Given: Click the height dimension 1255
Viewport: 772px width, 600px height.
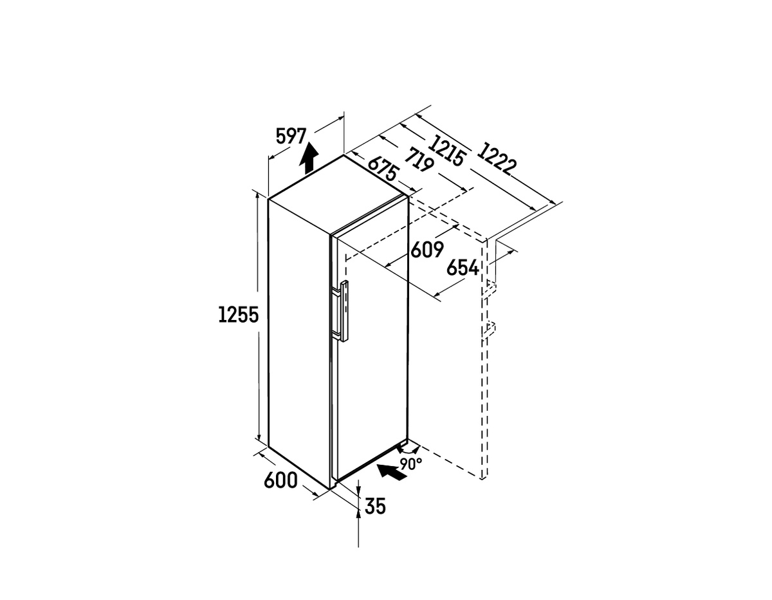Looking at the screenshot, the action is click(x=239, y=315).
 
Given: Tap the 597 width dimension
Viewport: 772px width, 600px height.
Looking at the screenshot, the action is click(x=291, y=136).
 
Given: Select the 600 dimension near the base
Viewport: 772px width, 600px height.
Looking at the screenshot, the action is click(x=280, y=480).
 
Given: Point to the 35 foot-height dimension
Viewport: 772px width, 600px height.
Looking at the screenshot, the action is click(x=375, y=506).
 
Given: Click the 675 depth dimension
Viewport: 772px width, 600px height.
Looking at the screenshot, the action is click(x=382, y=169).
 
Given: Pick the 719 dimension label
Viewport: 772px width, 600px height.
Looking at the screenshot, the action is click(x=419, y=160).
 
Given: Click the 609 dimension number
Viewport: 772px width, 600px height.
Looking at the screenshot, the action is click(x=427, y=250).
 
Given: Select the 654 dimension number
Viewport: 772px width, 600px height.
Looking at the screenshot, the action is click(x=463, y=268).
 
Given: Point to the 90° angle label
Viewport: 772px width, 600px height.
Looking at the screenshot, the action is click(x=411, y=464).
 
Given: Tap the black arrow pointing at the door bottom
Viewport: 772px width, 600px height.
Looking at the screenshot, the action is click(x=392, y=472).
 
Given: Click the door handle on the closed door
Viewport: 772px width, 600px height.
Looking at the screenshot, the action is click(x=340, y=311).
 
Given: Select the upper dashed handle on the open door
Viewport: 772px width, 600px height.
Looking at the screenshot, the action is click(x=488, y=288).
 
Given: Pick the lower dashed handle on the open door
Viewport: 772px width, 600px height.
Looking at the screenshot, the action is click(x=488, y=330).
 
